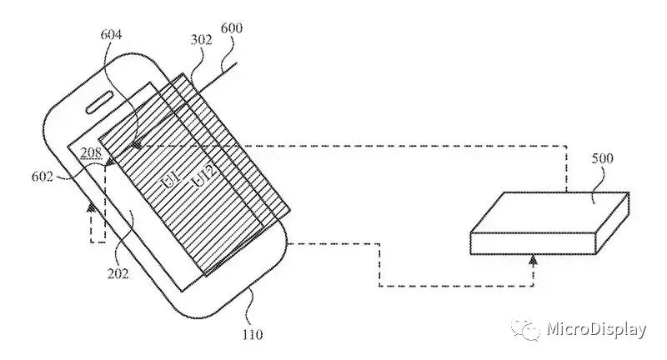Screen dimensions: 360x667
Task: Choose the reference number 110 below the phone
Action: tap(253, 335)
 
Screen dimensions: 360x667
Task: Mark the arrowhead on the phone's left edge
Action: tap(90, 204)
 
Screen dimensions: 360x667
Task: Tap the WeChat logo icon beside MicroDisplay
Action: tap(526, 331)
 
